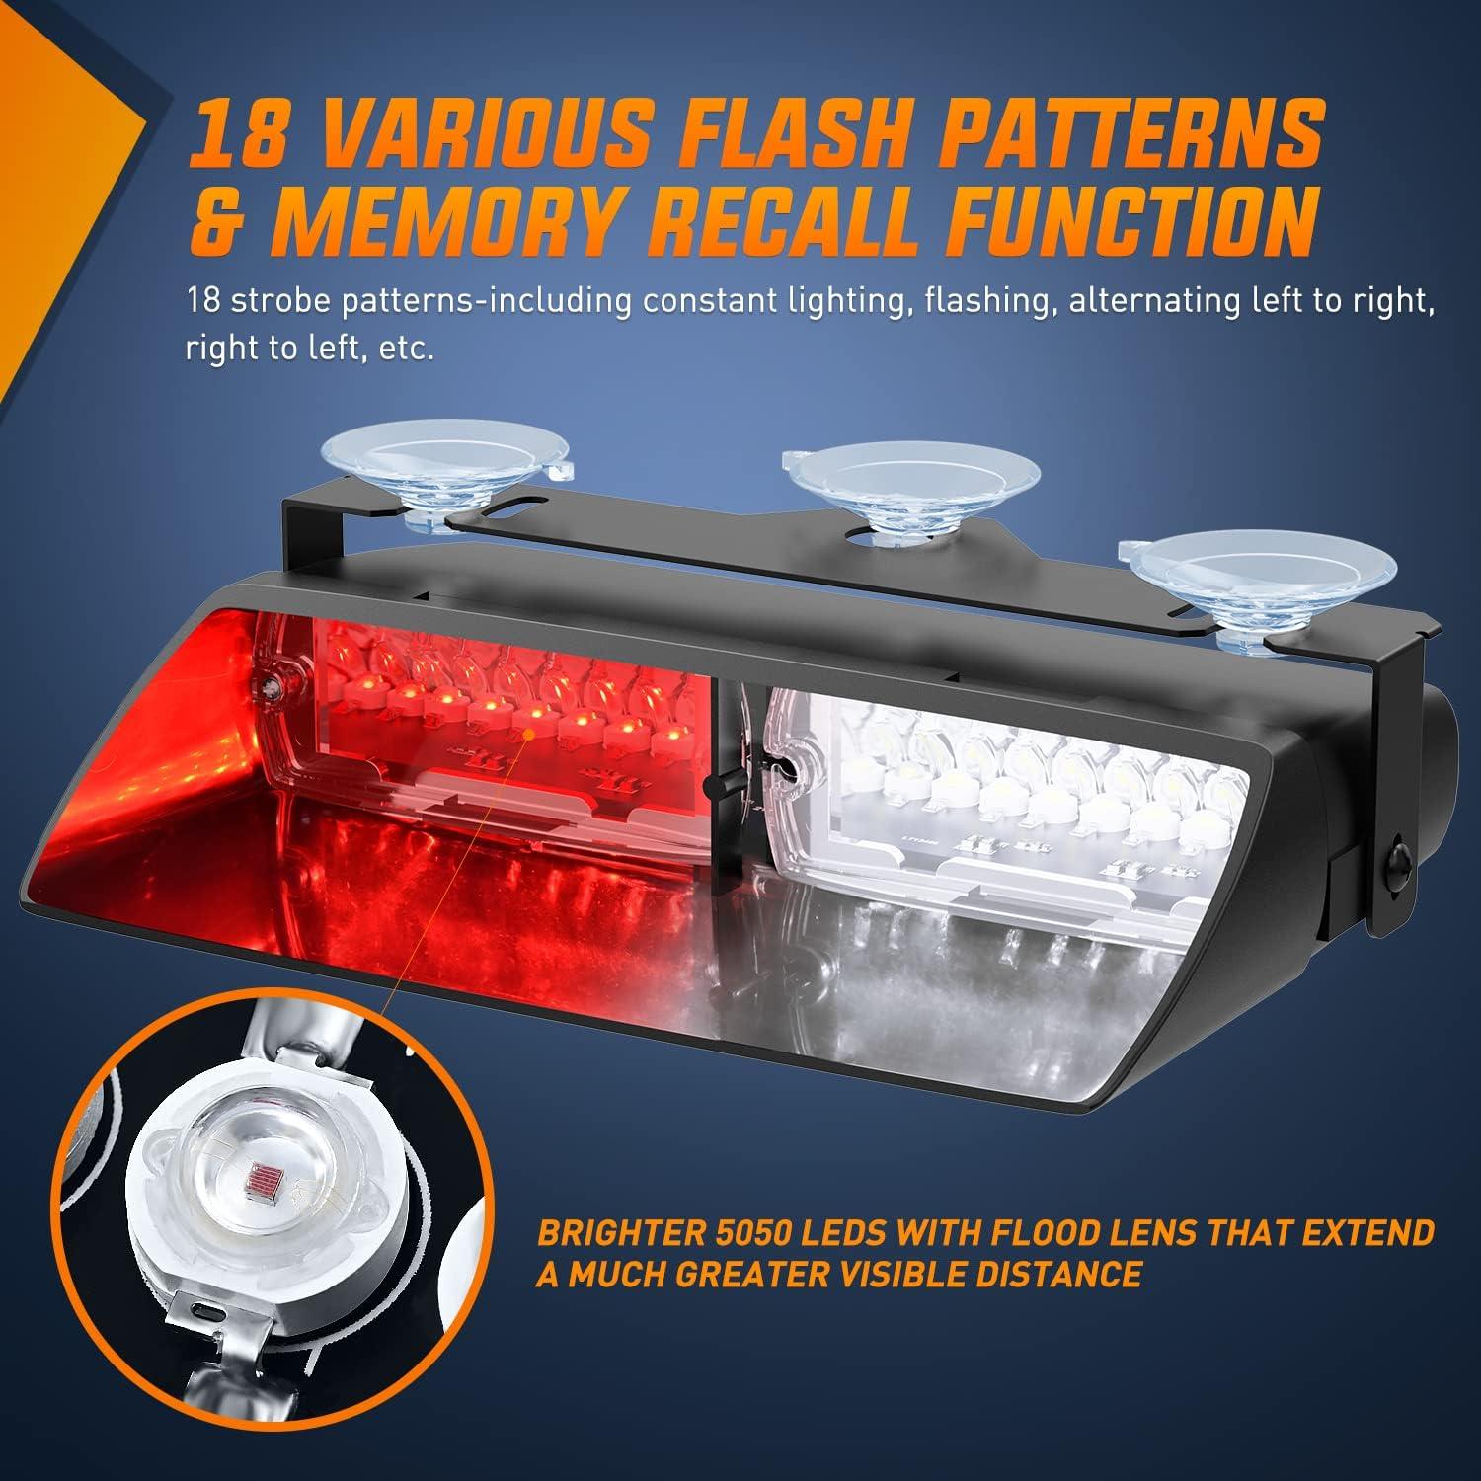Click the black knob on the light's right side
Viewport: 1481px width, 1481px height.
click(1399, 854)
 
